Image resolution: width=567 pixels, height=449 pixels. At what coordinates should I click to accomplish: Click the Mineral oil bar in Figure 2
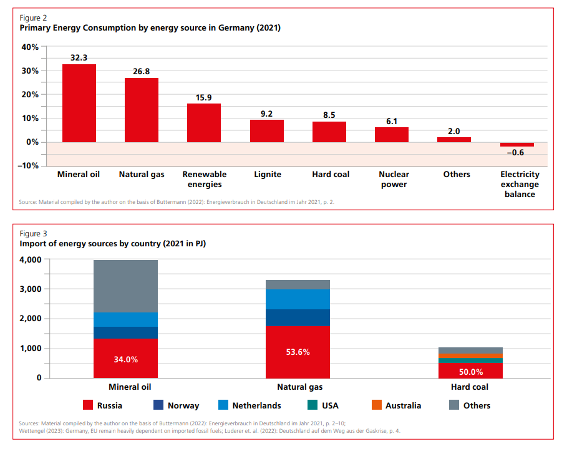[79, 103]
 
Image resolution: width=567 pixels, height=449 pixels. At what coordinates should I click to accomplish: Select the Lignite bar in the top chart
[266, 131]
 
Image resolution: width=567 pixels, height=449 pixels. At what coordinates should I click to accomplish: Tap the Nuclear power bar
[392, 135]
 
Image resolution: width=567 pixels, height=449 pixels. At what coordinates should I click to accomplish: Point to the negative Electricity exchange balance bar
[516, 145]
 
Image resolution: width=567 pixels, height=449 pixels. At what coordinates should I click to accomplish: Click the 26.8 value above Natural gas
[142, 71]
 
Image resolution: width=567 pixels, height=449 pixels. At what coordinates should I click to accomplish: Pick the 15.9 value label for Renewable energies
[204, 97]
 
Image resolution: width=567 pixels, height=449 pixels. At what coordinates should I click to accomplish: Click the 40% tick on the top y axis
[30, 47]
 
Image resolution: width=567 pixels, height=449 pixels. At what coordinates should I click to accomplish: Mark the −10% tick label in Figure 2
[28, 166]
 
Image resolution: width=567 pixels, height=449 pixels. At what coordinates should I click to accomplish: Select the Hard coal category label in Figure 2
[331, 175]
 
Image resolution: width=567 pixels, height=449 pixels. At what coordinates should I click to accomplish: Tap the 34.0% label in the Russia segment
[125, 360]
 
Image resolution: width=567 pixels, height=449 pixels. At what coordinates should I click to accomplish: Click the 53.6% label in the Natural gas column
[298, 352]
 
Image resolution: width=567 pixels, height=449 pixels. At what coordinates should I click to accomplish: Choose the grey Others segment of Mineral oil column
[125, 286]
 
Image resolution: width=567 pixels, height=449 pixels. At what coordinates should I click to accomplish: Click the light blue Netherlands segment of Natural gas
[298, 299]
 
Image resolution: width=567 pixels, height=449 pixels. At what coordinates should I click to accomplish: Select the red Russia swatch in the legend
[87, 405]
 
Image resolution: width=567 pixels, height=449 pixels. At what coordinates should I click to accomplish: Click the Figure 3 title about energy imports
[113, 244]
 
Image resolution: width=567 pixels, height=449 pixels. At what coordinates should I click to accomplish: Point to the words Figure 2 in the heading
[34, 18]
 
